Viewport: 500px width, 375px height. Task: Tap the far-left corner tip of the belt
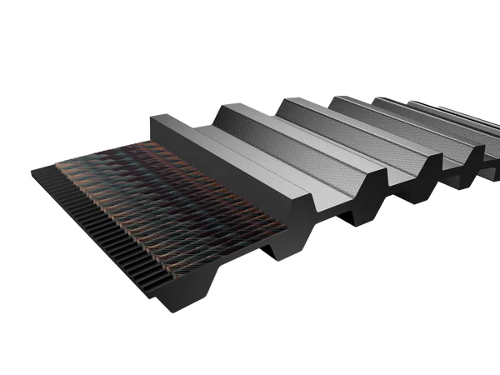[31, 170]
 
